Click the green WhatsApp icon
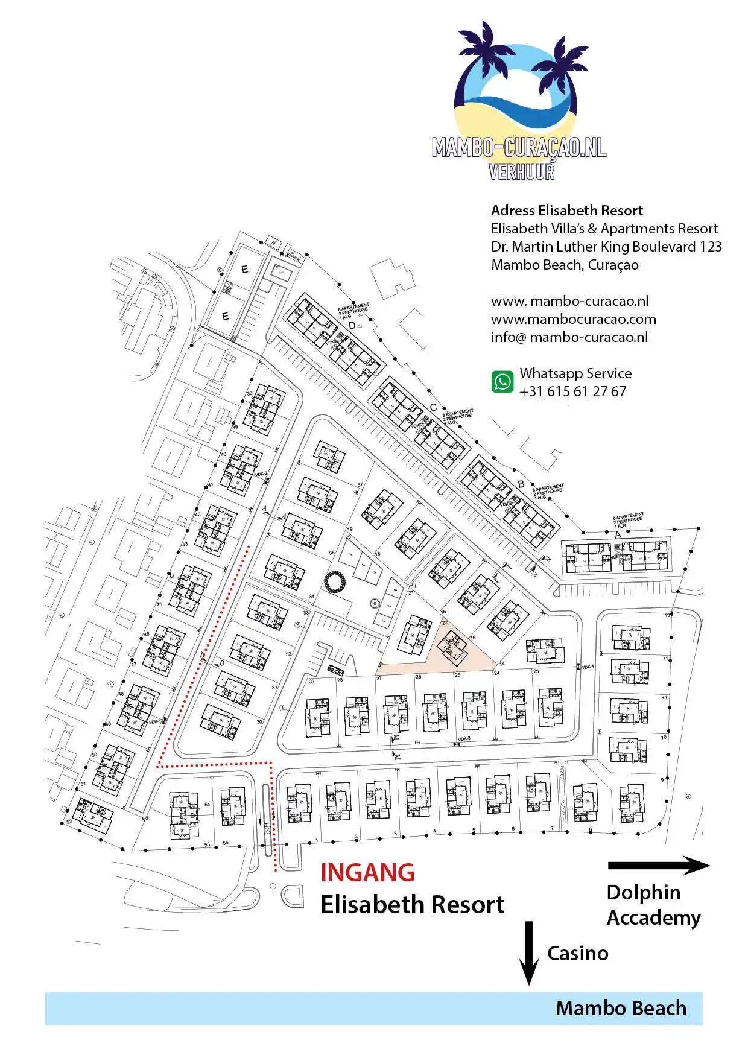pyautogui.click(x=502, y=382)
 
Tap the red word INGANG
pyautogui.click(x=367, y=873)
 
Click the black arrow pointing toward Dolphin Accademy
pyautogui.click(x=658, y=866)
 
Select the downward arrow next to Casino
pyautogui.click(x=529, y=952)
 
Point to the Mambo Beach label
pyautogui.click(x=621, y=1008)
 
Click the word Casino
pyautogui.click(x=577, y=953)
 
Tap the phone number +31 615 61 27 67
pyautogui.click(x=572, y=391)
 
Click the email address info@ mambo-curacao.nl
pyautogui.click(x=569, y=337)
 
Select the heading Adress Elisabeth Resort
pyautogui.click(x=566, y=211)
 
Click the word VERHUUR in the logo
pyautogui.click(x=521, y=172)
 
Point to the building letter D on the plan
pyautogui.click(x=352, y=326)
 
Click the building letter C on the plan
pyautogui.click(x=433, y=408)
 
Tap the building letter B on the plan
pyautogui.click(x=521, y=484)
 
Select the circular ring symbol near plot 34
pyautogui.click(x=334, y=582)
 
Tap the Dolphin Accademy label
pyautogui.click(x=653, y=905)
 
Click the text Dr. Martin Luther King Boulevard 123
pyautogui.click(x=606, y=247)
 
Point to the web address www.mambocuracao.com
pyautogui.click(x=573, y=319)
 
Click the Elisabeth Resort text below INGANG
pyautogui.click(x=412, y=905)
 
